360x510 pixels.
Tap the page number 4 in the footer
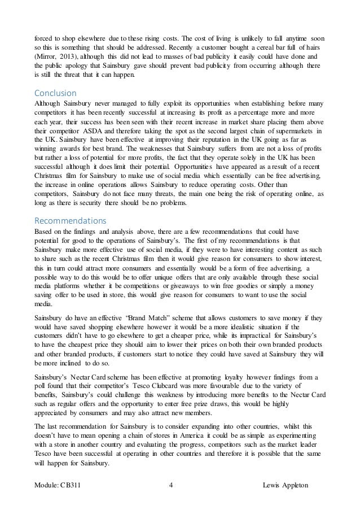point(172,486)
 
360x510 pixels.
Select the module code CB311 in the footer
point(76,486)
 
